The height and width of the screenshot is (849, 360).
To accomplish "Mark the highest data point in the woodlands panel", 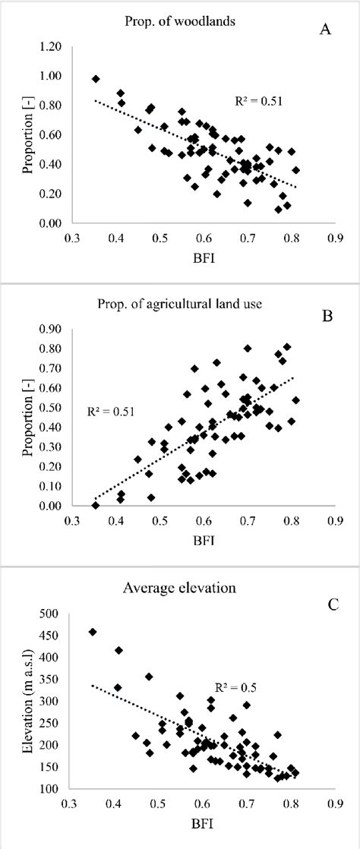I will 96,79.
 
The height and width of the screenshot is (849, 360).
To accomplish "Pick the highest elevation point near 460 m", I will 93,632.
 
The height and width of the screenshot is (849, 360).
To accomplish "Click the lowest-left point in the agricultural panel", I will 96,505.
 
